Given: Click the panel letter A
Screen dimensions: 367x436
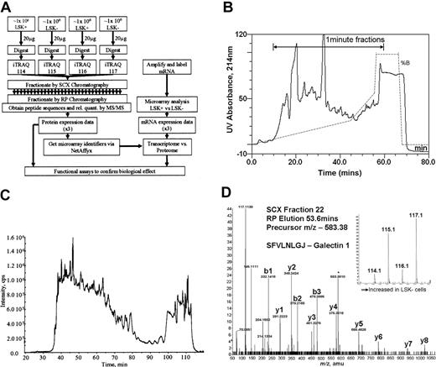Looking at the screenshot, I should point(7,8).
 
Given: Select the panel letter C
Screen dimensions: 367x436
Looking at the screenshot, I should point(8,200).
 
